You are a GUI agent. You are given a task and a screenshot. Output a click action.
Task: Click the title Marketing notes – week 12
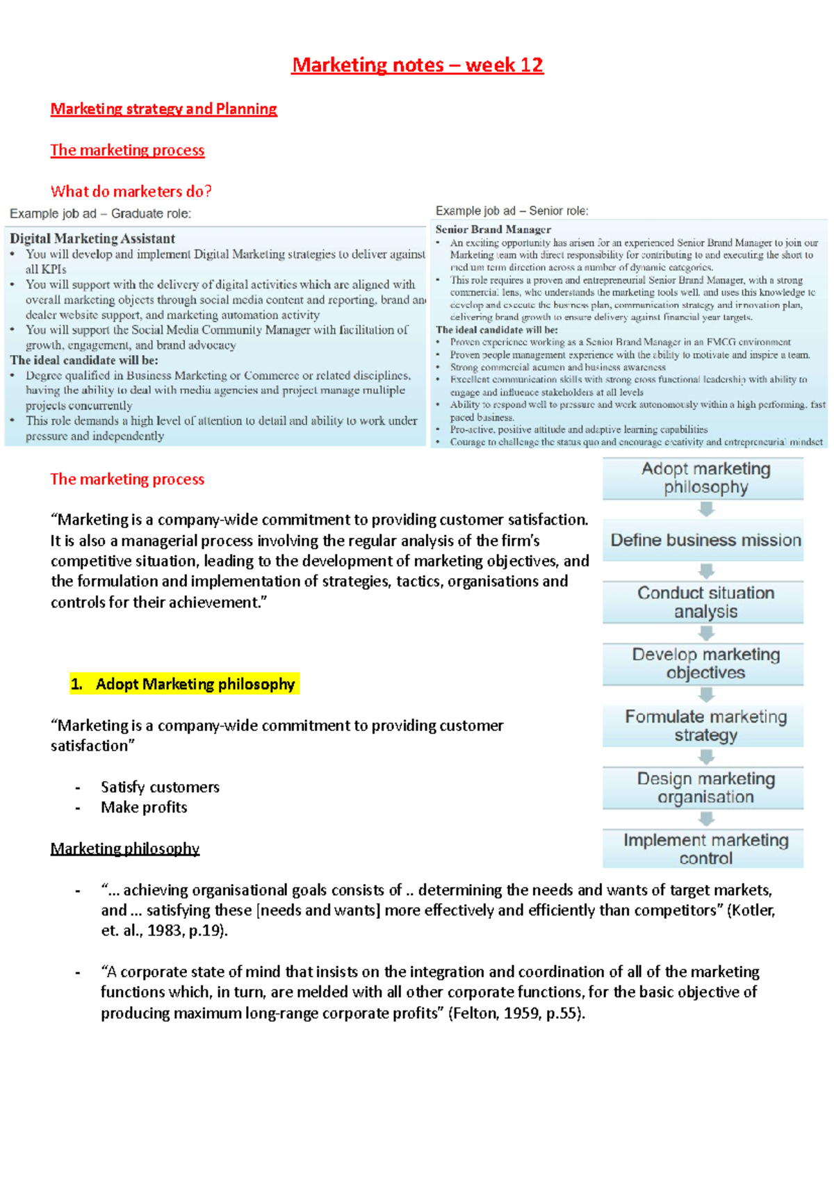pos(417,65)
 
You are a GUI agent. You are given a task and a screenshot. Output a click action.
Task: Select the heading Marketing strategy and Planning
pos(163,109)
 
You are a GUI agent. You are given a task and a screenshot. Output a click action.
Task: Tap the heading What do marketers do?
pos(131,191)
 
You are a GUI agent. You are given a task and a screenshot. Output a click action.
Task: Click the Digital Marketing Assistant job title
pos(92,238)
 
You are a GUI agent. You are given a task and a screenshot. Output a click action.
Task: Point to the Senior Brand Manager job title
pos(493,229)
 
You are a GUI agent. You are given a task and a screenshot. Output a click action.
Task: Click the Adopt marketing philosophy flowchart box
pos(705,478)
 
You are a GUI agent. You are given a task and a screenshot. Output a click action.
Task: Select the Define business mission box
pos(705,540)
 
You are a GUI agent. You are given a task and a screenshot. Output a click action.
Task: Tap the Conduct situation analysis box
pos(705,602)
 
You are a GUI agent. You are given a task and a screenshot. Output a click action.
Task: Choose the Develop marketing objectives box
pos(705,664)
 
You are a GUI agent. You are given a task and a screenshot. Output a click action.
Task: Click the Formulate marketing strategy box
pos(705,726)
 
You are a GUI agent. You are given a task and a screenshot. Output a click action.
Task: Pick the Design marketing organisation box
pos(705,787)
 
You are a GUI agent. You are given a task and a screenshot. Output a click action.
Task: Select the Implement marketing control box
pos(705,849)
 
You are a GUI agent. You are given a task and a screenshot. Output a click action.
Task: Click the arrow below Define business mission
pos(706,571)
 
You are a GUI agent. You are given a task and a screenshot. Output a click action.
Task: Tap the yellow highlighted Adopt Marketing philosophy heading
pos(185,684)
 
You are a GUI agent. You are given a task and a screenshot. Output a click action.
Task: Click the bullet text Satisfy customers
pos(160,787)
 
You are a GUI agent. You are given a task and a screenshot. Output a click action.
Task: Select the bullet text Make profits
pos(144,808)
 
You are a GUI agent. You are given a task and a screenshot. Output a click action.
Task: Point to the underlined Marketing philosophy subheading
pos(124,849)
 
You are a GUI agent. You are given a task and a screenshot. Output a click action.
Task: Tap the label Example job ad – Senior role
pos(512,211)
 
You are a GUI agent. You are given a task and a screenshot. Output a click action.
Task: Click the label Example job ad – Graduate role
pos(100,213)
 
